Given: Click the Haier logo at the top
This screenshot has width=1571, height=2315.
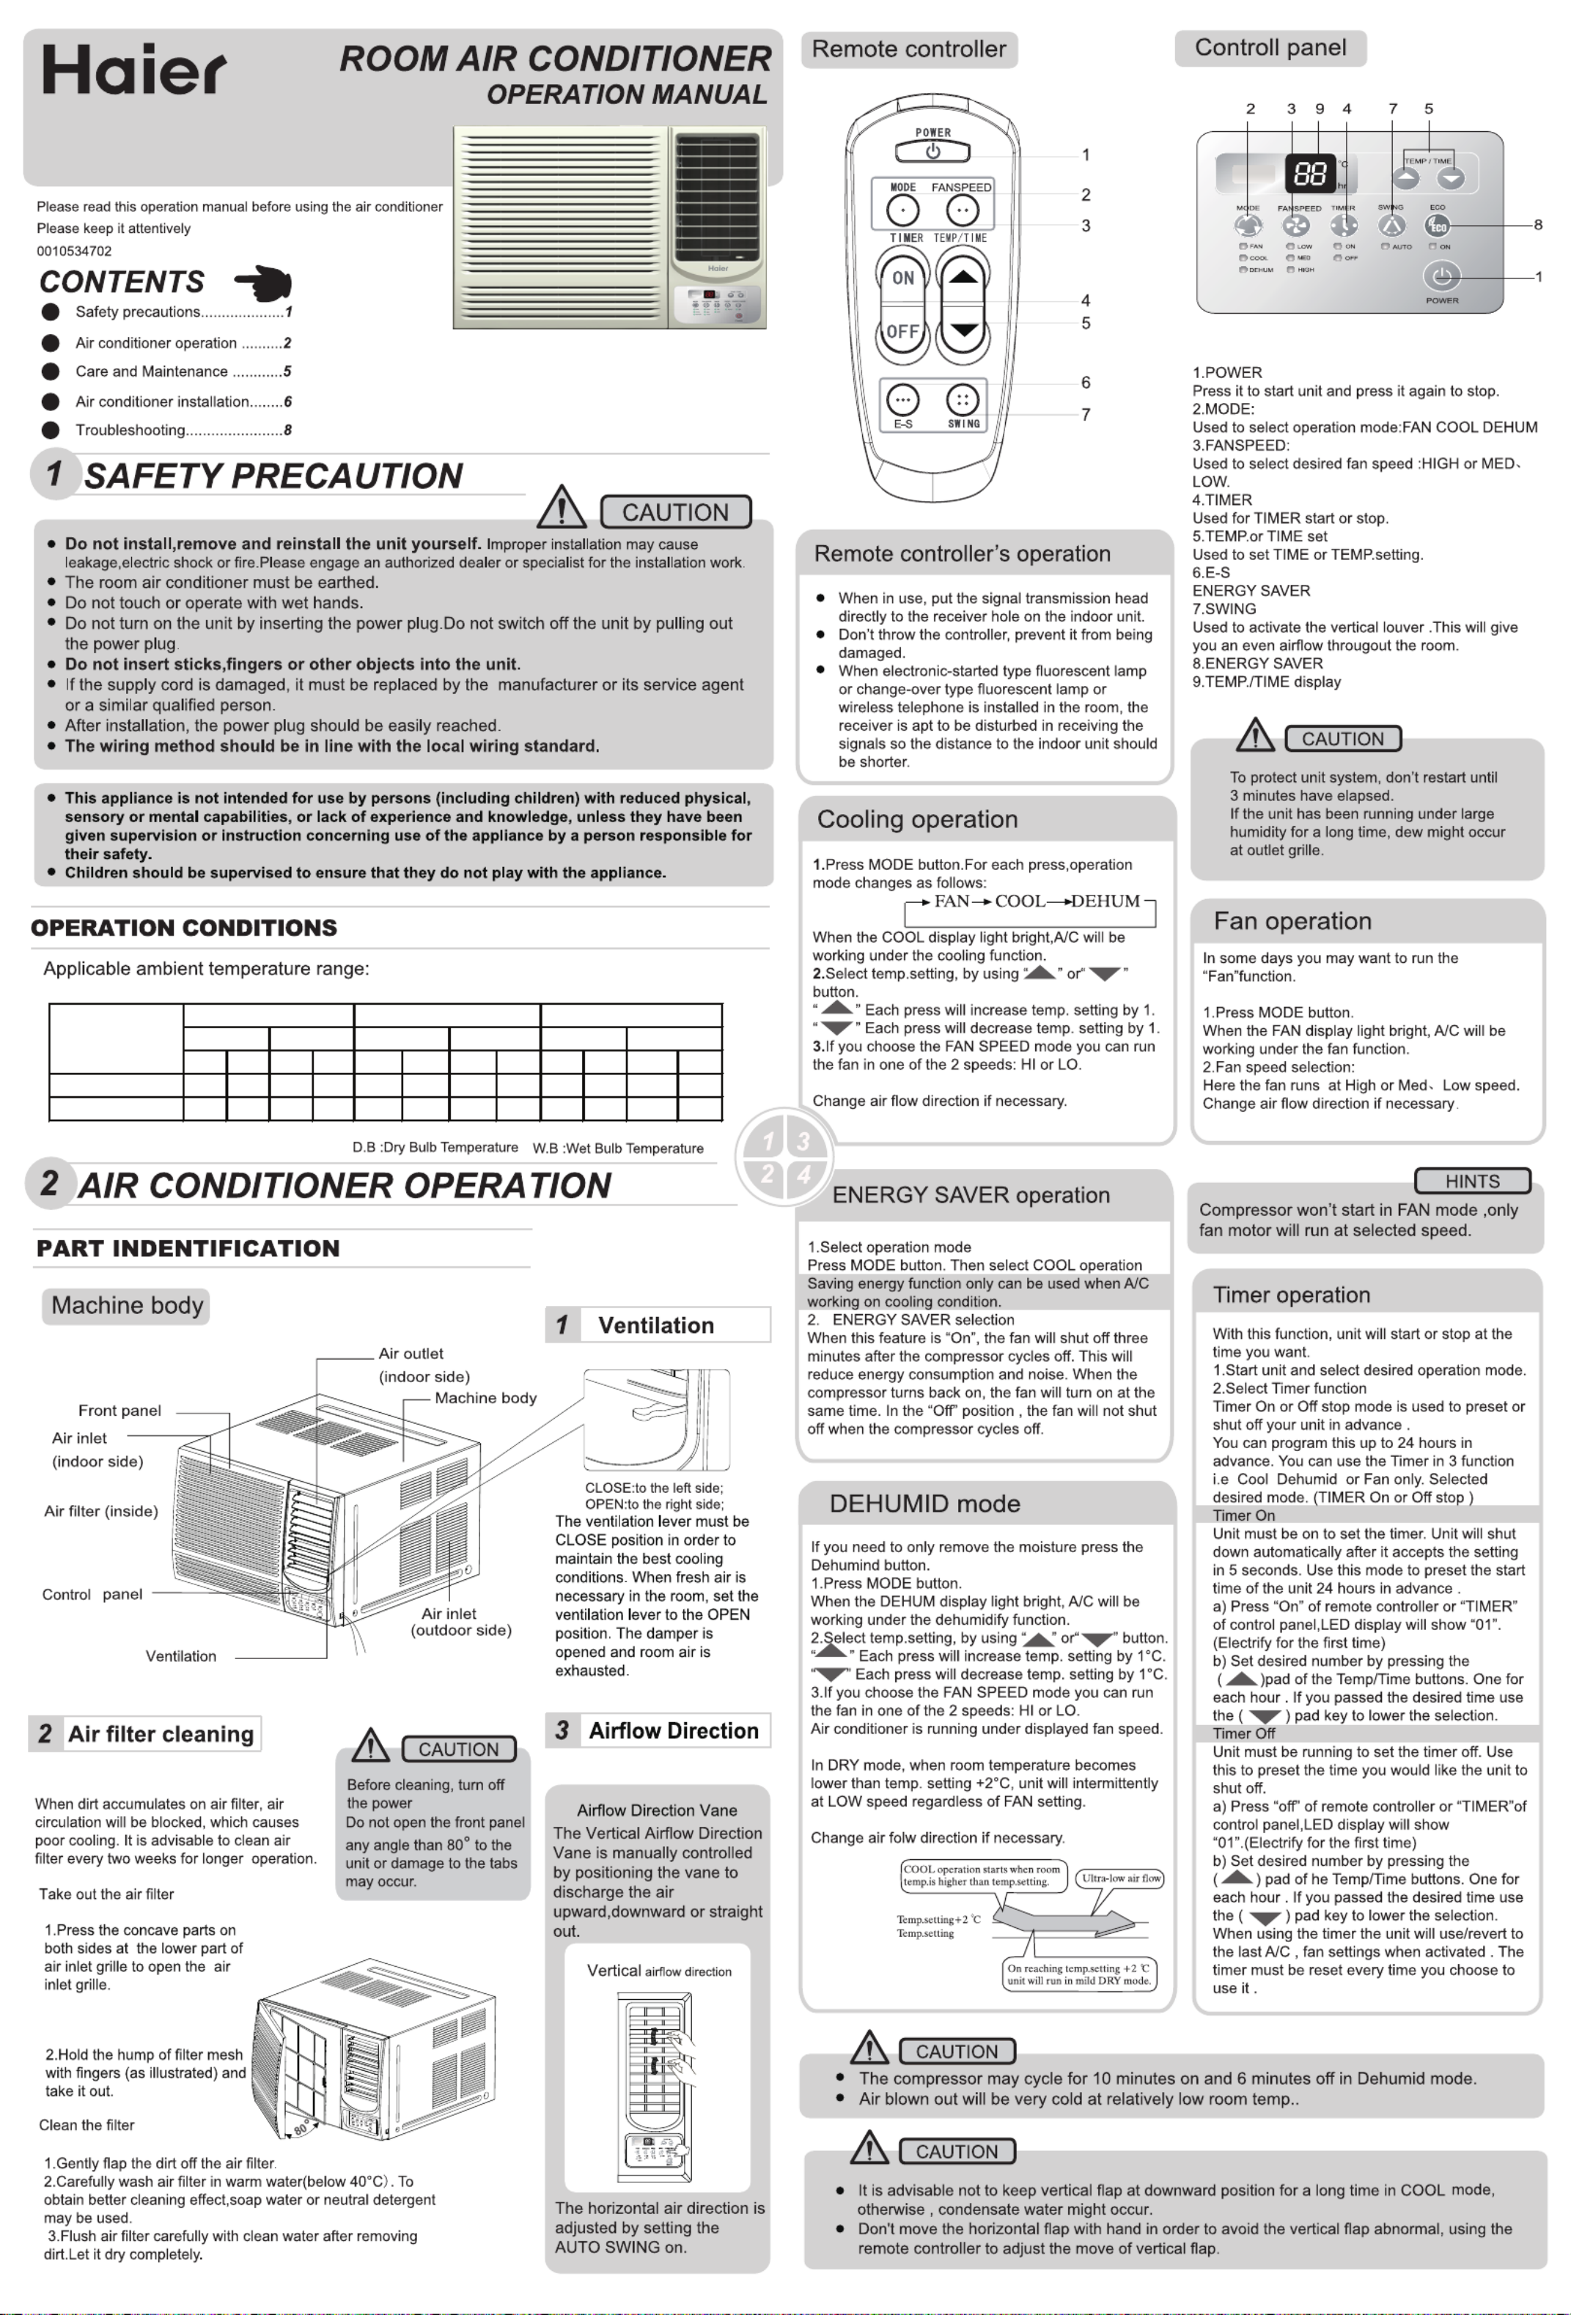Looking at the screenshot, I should click(x=133, y=70).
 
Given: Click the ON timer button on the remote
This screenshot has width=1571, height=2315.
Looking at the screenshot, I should click(x=902, y=278).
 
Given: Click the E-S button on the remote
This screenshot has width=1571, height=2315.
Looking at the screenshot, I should click(x=902, y=400).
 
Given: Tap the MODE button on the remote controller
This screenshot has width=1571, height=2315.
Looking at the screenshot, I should click(x=902, y=210).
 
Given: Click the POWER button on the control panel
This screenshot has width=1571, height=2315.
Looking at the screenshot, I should click(x=1441, y=277).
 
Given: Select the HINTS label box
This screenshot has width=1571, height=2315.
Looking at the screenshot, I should click(x=1471, y=1181).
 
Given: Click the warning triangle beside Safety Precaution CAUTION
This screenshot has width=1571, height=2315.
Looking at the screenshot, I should click(x=561, y=507).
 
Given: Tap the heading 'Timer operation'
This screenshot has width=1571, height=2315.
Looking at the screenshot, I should click(x=1291, y=1294).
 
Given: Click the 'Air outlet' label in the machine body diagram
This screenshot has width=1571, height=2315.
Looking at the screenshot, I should click(x=411, y=1353).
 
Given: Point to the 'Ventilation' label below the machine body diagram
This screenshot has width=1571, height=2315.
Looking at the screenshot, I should click(x=180, y=1655).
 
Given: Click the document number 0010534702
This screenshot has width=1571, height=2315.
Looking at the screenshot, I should click(x=74, y=251).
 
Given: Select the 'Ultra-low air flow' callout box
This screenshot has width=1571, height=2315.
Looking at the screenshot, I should click(x=1121, y=1878).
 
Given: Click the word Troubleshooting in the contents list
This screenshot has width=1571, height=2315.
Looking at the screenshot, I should click(x=130, y=430).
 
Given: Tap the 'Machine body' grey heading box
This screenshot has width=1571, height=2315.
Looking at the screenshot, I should click(x=127, y=1305).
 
